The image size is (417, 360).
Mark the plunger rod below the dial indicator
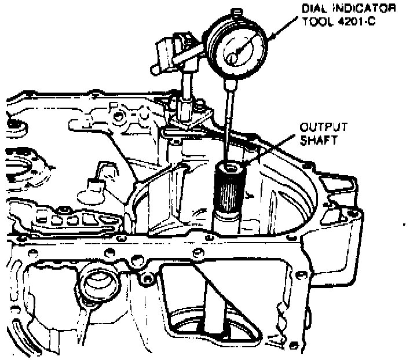coord(229,116)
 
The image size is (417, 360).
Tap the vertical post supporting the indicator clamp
coord(187,87)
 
